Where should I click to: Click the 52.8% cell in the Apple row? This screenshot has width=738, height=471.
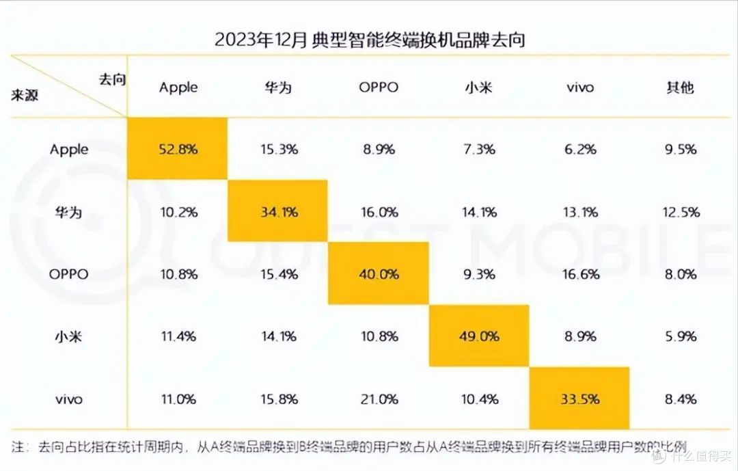178,149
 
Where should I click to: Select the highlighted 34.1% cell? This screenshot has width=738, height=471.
277,211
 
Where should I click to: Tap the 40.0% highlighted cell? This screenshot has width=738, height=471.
379,273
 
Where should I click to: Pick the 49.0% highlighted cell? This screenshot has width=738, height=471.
479,336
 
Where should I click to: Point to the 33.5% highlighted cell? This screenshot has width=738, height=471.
579,399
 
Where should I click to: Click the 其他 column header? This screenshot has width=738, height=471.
680,87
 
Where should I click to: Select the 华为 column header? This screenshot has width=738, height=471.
278,87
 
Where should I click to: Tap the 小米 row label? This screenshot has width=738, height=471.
69,336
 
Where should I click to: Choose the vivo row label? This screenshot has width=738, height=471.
69,399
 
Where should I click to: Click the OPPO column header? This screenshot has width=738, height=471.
379,87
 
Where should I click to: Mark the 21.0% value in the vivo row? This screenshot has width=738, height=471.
379,399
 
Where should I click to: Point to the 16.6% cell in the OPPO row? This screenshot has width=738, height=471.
581,274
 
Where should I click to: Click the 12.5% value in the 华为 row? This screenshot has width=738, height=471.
681,212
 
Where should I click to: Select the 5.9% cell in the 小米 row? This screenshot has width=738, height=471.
681,336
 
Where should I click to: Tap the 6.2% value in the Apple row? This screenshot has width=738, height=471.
580,149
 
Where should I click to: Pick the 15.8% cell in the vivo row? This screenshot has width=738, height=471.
279,399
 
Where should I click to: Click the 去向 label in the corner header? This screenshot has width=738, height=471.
113,79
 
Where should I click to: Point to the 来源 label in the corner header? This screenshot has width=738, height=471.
25,96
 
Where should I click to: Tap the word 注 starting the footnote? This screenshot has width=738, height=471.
17,446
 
